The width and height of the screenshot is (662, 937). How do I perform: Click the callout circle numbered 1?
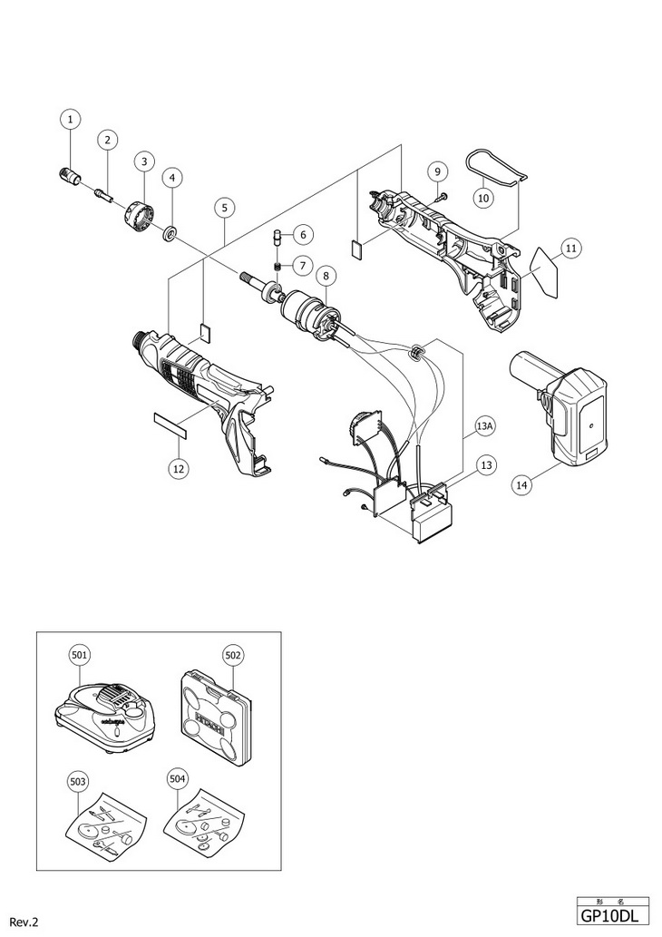(71, 119)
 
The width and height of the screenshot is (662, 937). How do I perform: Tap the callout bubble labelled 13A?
(486, 425)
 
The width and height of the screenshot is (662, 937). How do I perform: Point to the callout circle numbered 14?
(522, 484)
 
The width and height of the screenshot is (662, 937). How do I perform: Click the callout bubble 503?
(78, 780)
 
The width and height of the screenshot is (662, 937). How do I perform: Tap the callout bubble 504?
(178, 780)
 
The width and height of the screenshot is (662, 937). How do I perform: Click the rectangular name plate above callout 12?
(170, 423)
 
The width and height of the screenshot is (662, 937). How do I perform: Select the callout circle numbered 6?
(303, 234)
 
